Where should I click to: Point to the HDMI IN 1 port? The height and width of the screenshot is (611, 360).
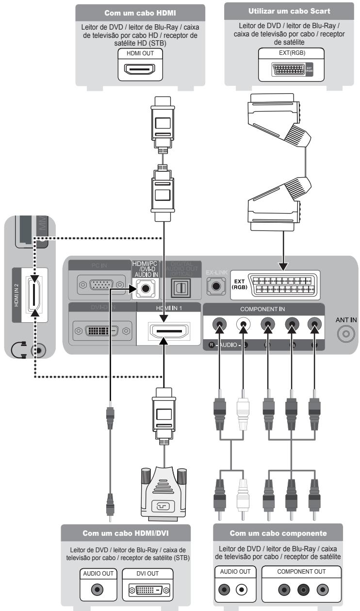(x=166, y=332)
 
